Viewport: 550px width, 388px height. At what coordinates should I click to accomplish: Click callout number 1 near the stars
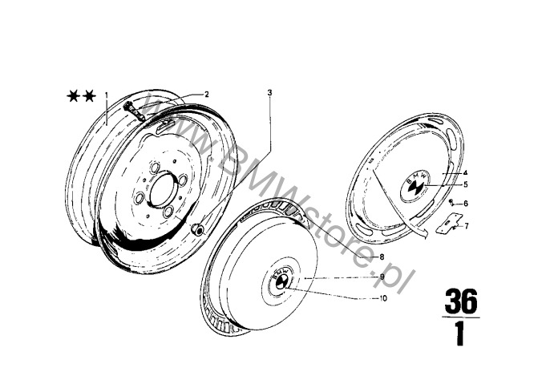tap(107, 95)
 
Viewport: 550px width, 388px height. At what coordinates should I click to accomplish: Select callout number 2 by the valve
tap(207, 95)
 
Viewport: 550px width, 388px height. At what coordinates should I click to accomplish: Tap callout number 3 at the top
tap(269, 93)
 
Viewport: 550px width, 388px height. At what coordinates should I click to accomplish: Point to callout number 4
tap(466, 172)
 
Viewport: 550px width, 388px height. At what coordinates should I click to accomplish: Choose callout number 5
tap(466, 184)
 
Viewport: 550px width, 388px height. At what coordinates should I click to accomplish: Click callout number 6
tap(466, 204)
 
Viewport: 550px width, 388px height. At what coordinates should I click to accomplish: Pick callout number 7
tap(466, 226)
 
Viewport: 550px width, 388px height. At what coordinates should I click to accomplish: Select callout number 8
tap(382, 257)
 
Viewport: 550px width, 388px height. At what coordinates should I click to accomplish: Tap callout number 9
tap(382, 277)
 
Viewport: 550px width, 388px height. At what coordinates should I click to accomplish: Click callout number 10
tap(383, 298)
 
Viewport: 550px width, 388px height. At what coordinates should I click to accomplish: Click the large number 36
tap(461, 301)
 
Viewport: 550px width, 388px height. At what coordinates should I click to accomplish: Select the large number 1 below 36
tap(460, 334)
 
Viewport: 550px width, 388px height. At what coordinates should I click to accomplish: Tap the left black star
tap(74, 95)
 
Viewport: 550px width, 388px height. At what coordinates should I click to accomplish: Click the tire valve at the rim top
tap(135, 111)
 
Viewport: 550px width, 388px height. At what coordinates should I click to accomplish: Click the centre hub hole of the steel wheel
tap(164, 188)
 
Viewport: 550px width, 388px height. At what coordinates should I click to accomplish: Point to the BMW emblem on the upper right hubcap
tap(416, 186)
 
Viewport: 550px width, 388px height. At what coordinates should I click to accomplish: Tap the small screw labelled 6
tap(451, 202)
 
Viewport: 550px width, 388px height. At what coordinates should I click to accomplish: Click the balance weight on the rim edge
tap(197, 229)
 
